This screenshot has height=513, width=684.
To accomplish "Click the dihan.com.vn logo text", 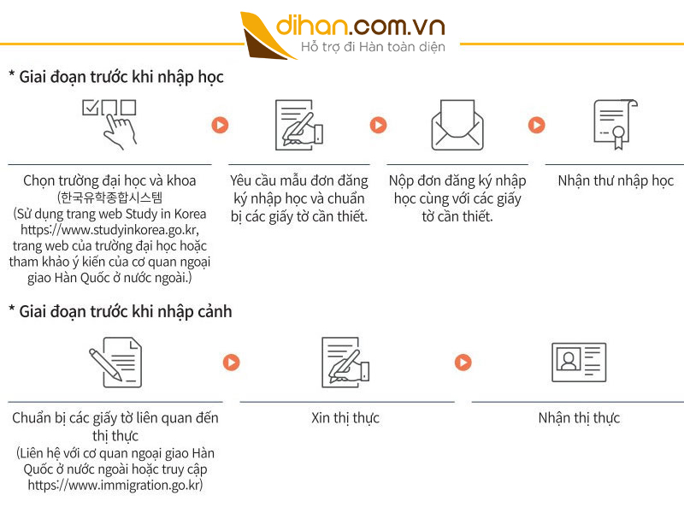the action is pos(360,26).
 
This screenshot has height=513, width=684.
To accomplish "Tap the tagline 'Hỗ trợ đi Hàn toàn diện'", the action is pos(373,47).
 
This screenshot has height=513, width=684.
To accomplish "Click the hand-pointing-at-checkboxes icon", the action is pos(109,125).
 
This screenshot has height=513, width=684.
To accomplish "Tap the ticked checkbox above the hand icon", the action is pos(91,108).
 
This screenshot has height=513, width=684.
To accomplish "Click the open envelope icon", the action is pos(457,125).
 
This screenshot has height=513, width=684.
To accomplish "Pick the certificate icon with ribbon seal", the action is pos(616,125).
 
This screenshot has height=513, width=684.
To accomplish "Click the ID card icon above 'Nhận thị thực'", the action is pos(579,362).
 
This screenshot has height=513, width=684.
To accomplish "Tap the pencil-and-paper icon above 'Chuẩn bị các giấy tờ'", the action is pos(115,362).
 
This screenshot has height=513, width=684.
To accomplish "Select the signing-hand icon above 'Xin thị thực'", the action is pos(345,362).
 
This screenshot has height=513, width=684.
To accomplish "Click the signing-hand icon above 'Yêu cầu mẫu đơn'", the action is pos(299,125).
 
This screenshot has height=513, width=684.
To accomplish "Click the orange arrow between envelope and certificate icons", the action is pos(537,125).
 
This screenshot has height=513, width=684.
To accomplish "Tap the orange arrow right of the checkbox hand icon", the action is pos(220,125).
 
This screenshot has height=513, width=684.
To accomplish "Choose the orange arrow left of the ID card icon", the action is pos(463,362).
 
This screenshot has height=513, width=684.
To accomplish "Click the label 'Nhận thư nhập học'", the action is pos(616,180).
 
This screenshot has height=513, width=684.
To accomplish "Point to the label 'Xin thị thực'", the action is pos(345,418).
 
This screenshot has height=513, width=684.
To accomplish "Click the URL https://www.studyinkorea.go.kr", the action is pos(109,230).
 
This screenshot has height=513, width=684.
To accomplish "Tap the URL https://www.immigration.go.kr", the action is pos(114,485).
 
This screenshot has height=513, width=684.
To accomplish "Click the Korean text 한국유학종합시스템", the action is pos(111,198).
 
